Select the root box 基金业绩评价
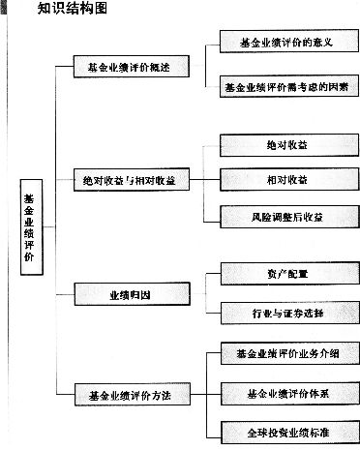28,229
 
